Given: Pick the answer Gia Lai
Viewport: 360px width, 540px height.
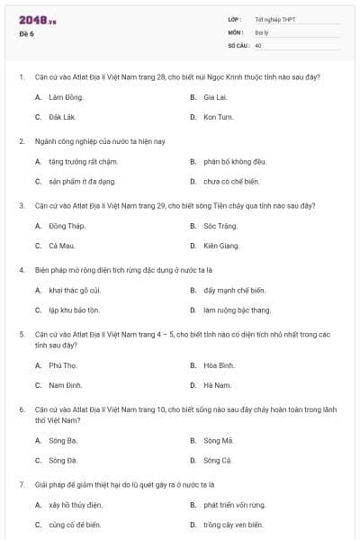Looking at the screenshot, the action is pyautogui.click(x=214, y=96).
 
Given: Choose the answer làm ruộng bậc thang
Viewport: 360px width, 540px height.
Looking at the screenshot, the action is pyautogui.click(x=237, y=310).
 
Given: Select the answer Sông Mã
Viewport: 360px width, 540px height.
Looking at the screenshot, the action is pyautogui.click(x=218, y=439).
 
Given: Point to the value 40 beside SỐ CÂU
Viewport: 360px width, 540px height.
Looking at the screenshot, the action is pyautogui.click(x=258, y=45).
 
